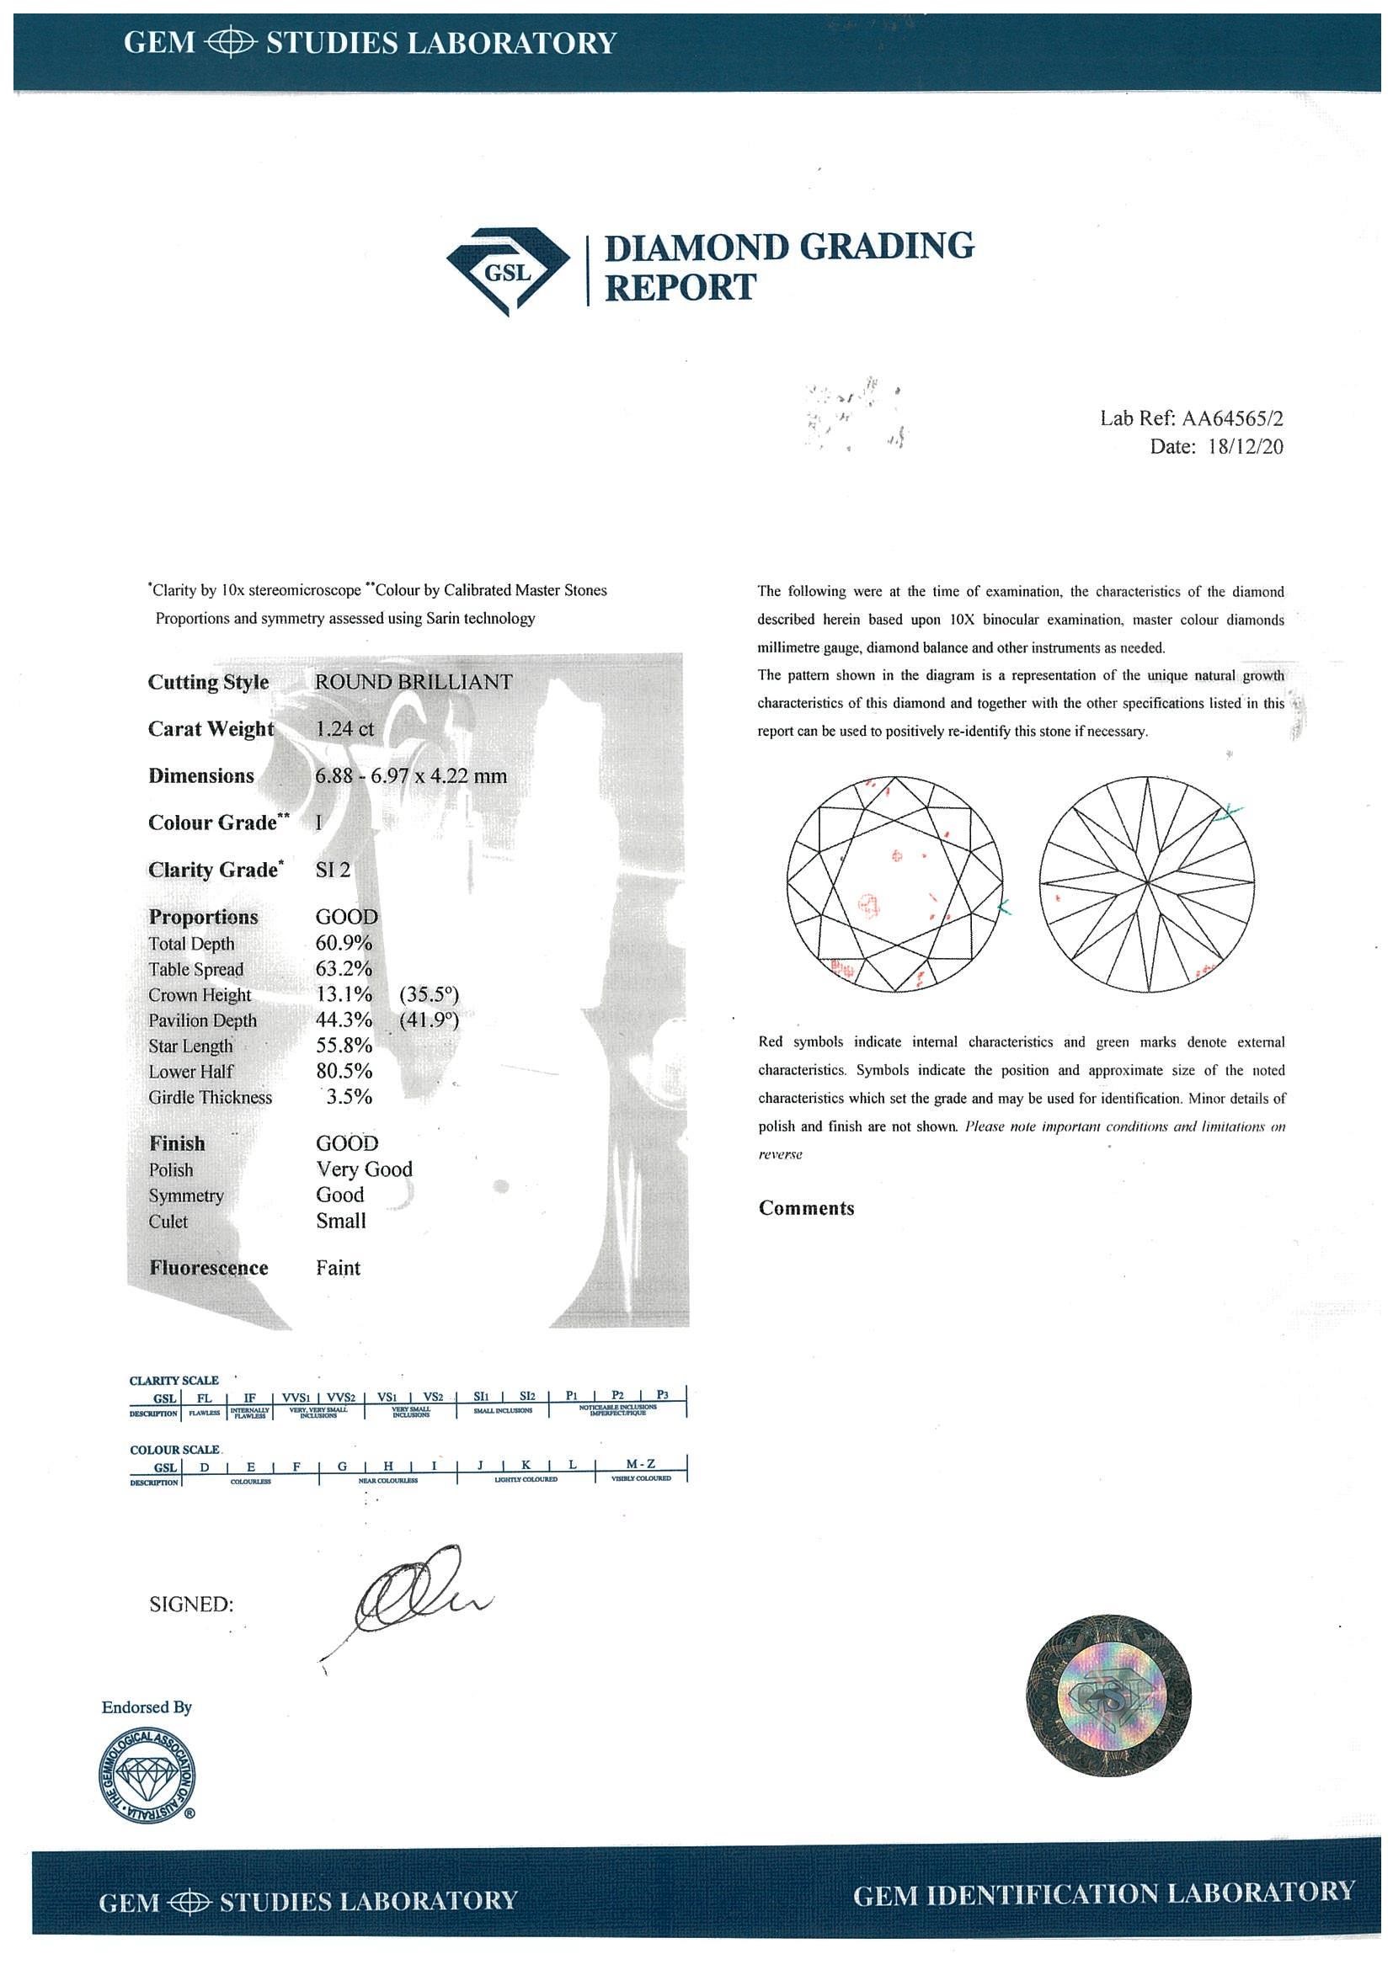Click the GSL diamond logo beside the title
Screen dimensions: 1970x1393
click(x=508, y=271)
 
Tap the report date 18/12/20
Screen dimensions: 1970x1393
click(x=1245, y=447)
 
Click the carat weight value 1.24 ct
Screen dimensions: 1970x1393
click(x=345, y=729)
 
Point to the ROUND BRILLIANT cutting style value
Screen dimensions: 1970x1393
click(x=414, y=682)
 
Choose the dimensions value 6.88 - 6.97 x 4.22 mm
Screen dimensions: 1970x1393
click(x=411, y=776)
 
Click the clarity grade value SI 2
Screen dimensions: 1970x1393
click(x=333, y=870)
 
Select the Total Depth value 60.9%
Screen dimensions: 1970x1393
click(x=344, y=944)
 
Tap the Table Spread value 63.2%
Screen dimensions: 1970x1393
click(x=344, y=970)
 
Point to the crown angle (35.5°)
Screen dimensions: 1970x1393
click(x=430, y=995)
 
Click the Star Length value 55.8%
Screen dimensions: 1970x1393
click(x=344, y=1046)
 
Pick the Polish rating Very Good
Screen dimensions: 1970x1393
click(x=364, y=1169)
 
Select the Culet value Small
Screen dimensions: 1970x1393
click(x=341, y=1221)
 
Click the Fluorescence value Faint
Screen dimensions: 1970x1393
click(x=339, y=1268)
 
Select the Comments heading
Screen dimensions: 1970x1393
click(x=806, y=1209)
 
